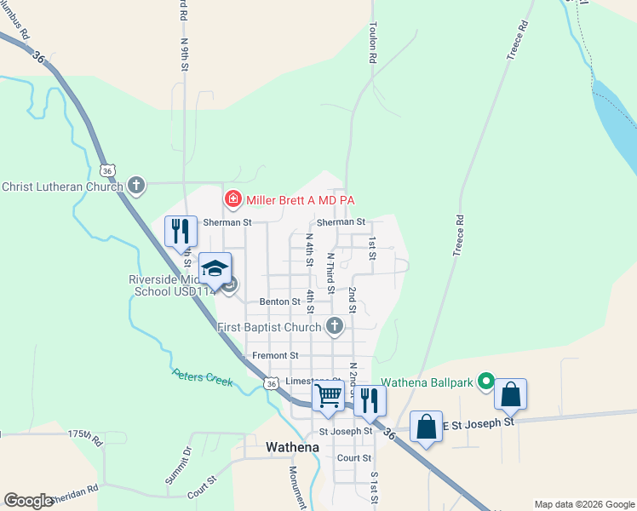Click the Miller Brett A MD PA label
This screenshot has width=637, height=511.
pyautogui.click(x=300, y=200)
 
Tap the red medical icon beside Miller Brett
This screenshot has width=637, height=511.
pyautogui.click(x=232, y=199)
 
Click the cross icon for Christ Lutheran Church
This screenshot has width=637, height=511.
pyautogui.click(x=135, y=185)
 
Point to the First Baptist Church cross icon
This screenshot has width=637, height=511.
pyautogui.click(x=335, y=325)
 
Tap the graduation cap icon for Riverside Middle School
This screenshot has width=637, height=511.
pyautogui.click(x=215, y=269)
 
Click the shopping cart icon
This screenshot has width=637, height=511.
pyautogui.click(x=328, y=396)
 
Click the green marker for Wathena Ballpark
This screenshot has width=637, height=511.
pyautogui.click(x=486, y=382)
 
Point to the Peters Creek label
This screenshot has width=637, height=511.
pyautogui.click(x=203, y=376)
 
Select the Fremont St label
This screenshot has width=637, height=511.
pyautogui.click(x=274, y=355)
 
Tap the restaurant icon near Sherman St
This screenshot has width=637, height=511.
pyautogui.click(x=181, y=231)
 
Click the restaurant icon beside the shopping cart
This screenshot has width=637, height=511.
pyautogui.click(x=370, y=399)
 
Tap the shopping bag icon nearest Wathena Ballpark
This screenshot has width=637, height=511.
pyautogui.click(x=510, y=393)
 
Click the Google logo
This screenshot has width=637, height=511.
pyautogui.click(x=29, y=501)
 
